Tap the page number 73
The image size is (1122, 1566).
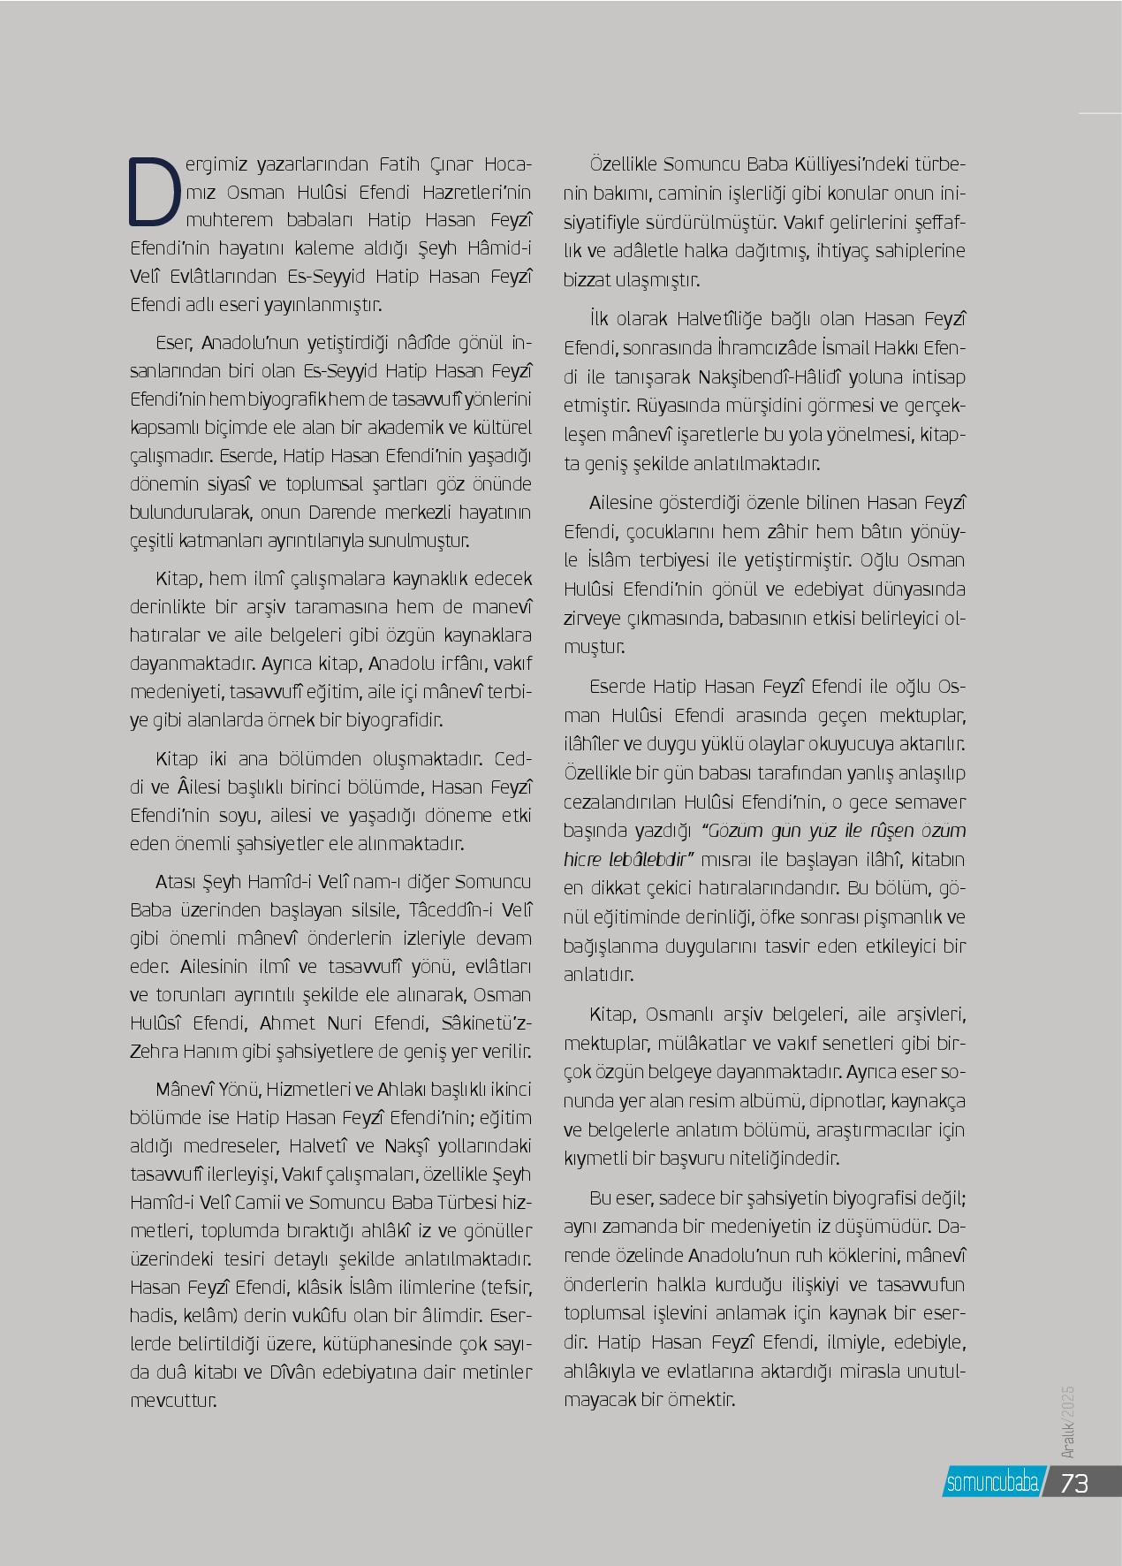(x=1074, y=1482)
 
